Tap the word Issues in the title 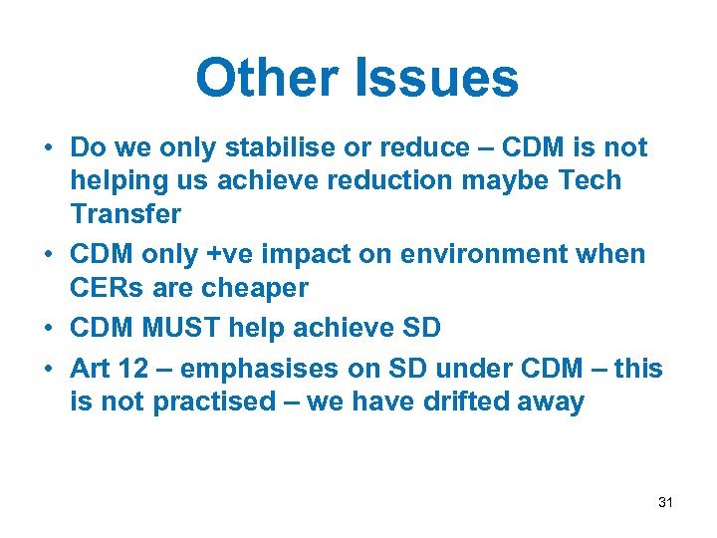[x=438, y=78]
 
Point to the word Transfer [x=125, y=214]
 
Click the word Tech [x=590, y=181]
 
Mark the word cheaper [x=252, y=287]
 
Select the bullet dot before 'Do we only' [x=47, y=148]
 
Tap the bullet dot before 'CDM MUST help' [x=47, y=328]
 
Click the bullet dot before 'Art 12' [x=47, y=369]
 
